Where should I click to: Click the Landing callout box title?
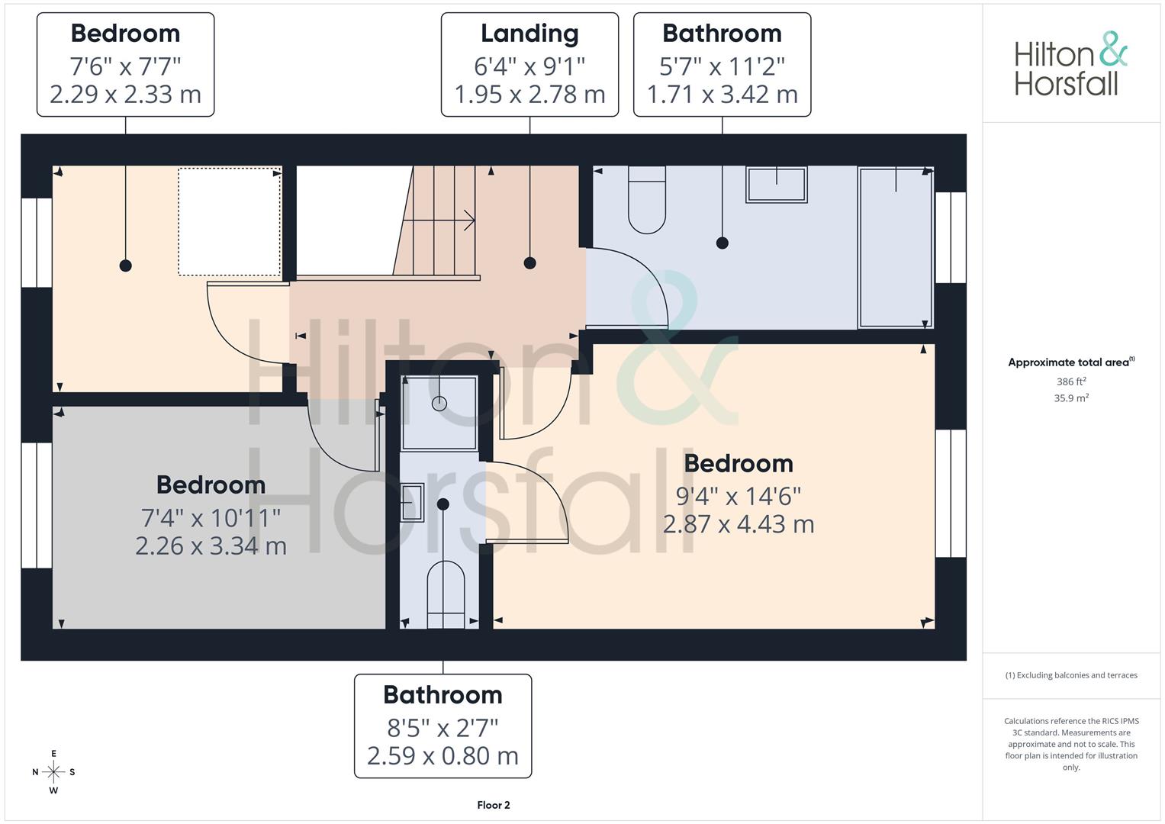point(529,34)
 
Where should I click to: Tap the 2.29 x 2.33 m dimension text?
point(125,94)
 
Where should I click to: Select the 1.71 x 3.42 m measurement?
point(722,94)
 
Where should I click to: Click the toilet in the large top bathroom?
point(647,200)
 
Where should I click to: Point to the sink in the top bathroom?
point(777,184)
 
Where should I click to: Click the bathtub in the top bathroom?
point(896,248)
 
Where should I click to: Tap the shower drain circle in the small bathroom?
point(439,404)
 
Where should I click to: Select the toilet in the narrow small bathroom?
point(446,594)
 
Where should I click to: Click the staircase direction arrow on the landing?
point(439,220)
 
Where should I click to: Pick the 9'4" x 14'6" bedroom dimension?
point(739,496)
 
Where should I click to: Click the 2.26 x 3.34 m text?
point(211,546)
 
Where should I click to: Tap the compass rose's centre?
point(53,771)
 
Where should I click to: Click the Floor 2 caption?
point(494,805)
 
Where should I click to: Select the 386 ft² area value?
point(1071,381)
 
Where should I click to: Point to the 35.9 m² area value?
point(1071,398)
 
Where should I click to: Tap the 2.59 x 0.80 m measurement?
point(443,756)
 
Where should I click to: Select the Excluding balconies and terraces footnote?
point(1071,675)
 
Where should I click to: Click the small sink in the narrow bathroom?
point(413,502)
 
